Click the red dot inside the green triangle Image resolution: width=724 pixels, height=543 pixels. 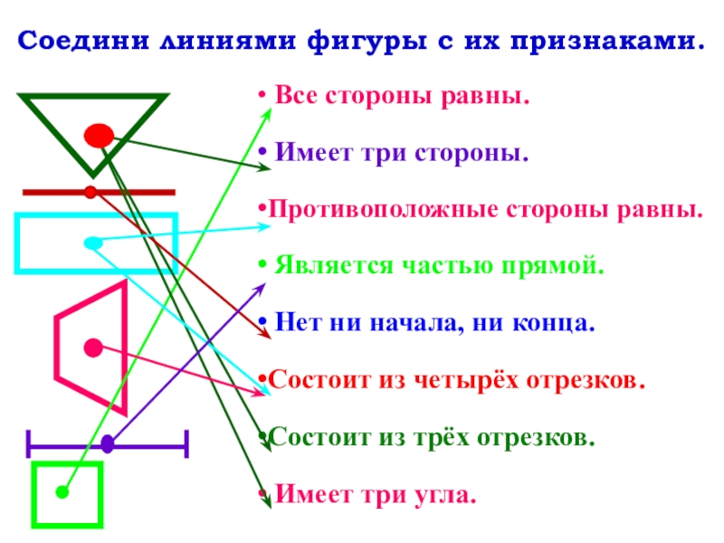click(98, 136)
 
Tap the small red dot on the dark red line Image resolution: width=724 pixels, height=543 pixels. click(90, 192)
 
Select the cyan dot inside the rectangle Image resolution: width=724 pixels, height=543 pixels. click(91, 243)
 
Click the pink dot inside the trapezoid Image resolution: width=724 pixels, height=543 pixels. click(92, 347)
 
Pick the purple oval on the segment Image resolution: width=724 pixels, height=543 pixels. click(108, 443)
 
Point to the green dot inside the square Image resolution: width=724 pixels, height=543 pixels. click(62, 492)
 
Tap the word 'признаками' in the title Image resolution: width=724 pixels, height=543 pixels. click(600, 42)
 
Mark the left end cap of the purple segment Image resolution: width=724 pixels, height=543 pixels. click(30, 443)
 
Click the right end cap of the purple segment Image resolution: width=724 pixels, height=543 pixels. click(186, 443)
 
